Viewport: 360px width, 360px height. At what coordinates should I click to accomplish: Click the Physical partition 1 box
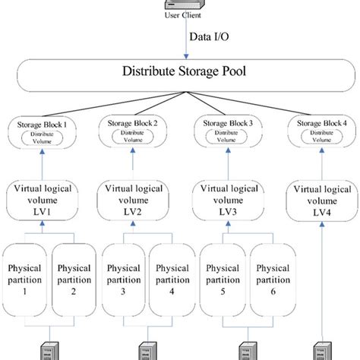[26, 280]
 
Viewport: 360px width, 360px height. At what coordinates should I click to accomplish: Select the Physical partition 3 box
[123, 280]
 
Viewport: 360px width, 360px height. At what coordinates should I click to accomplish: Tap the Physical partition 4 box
[170, 280]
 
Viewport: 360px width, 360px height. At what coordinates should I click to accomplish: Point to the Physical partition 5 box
[222, 280]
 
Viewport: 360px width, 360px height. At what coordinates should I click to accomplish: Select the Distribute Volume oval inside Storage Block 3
[230, 137]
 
